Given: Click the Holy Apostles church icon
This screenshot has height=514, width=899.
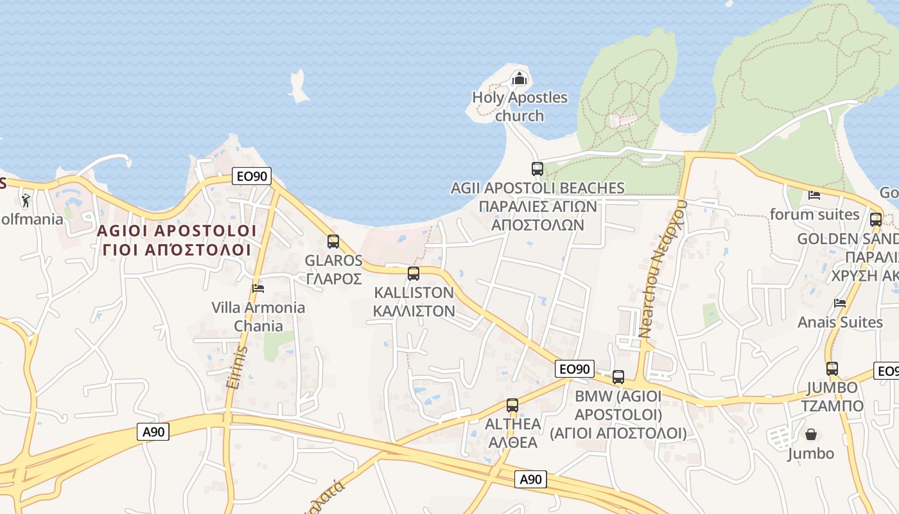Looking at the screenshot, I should coord(519,80).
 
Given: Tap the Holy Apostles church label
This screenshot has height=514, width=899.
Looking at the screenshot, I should coord(519,107).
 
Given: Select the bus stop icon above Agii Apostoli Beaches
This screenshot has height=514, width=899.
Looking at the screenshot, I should coord(537,169).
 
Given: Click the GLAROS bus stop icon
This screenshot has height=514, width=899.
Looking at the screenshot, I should coord(333,242).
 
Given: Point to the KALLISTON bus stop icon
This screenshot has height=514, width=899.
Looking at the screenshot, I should coord(414,274).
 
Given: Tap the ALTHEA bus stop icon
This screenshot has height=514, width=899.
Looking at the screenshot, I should coord(512,405).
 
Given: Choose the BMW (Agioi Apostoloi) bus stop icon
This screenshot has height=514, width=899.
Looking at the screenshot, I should coord(618,377).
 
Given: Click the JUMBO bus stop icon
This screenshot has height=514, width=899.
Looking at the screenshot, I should coord(832,369).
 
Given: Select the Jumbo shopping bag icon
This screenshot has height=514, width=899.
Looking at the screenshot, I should coord(812,434).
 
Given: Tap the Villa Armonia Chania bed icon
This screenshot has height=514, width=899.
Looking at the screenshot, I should coord(258,288).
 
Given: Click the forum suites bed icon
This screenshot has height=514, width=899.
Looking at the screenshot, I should coord(814,195).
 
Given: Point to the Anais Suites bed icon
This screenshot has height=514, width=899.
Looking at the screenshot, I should coord(840,303).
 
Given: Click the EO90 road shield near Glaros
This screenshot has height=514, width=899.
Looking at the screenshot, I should coord(252,175).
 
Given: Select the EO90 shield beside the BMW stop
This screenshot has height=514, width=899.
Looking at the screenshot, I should coord(574,369).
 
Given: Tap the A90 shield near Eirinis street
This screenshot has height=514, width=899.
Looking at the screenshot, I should coord(153,432).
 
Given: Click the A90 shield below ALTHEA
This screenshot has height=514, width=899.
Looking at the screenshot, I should coord(531,479).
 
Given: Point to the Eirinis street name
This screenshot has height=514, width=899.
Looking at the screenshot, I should coord(236,367).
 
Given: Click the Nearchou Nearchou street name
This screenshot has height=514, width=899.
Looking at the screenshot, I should coord(661,269).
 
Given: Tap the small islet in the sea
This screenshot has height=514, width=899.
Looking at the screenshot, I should coord(298,87).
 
